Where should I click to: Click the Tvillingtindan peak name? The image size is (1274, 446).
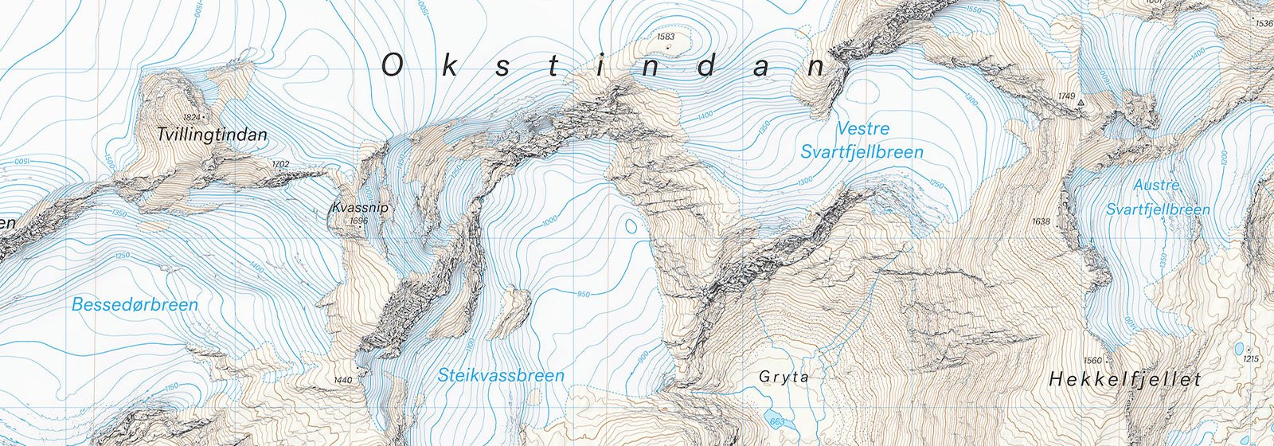pos(212,135)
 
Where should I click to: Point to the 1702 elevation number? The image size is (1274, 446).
pos(279,165)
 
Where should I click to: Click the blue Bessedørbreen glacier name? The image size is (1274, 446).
pos(135,304)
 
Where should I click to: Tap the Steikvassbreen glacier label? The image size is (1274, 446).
pos(501,375)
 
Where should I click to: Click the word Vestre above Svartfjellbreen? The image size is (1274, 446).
pos(863,128)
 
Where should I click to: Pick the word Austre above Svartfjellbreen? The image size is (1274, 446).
pos(1156,186)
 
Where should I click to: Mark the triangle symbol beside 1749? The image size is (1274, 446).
pos(1081,104)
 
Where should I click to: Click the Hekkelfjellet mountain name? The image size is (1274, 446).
pos(1124,380)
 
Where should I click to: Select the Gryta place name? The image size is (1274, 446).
pos(784,377)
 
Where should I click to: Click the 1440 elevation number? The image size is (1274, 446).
pos(343,381)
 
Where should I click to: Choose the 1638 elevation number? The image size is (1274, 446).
pos(1041,221)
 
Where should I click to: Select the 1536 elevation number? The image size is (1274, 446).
pos(1264,23)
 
